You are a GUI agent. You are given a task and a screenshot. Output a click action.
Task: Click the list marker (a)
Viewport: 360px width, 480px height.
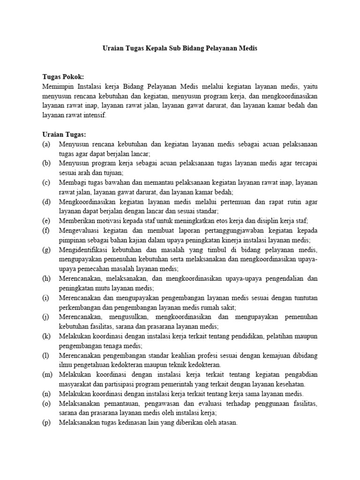[46, 144]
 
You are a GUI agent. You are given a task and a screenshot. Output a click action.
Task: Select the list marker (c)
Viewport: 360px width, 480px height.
[46, 182]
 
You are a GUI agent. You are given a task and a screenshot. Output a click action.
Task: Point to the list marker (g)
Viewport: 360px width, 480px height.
[46, 249]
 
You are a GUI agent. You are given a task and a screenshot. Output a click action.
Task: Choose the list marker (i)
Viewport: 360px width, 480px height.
[45, 298]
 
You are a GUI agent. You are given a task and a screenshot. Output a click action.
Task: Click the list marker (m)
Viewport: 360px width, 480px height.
[47, 374]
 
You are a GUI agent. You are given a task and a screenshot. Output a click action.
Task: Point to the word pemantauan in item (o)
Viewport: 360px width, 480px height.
[120, 403]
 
